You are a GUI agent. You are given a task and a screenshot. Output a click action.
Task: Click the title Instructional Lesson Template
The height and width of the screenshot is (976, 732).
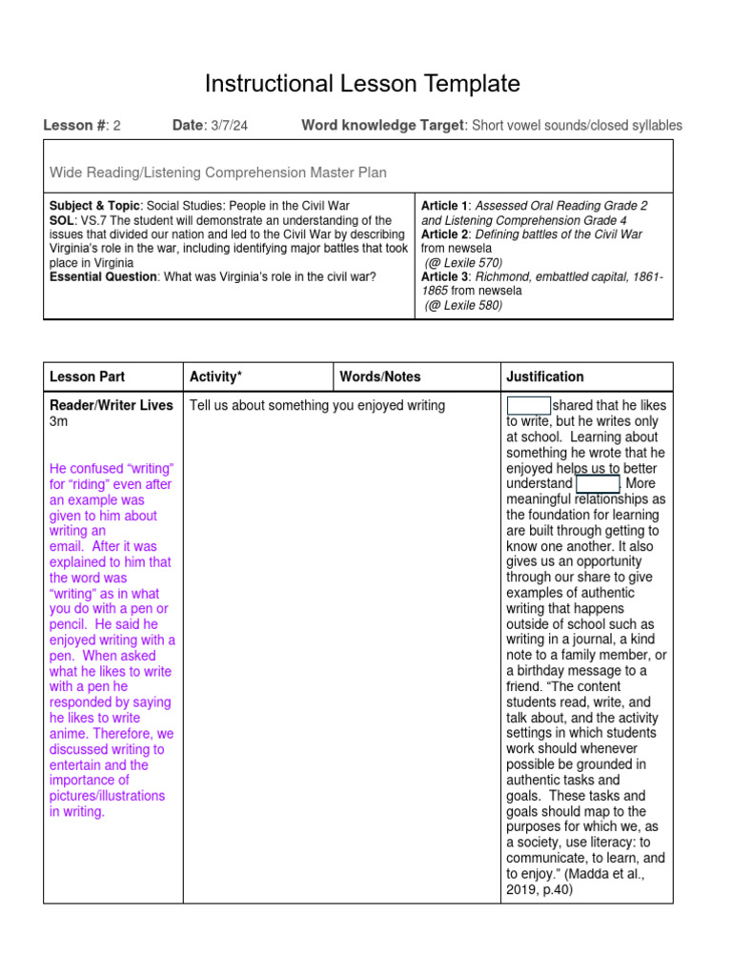pos(362,84)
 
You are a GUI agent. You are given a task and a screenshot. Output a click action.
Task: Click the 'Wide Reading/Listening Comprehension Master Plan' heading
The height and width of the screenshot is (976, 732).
pos(218,173)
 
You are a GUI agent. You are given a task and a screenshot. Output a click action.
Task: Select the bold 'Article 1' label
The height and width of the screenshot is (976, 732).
pos(444,206)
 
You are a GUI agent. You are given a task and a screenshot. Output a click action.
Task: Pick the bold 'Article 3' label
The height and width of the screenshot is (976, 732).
pos(444,277)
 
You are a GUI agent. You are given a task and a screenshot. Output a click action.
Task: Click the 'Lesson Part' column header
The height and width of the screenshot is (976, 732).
pos(87,376)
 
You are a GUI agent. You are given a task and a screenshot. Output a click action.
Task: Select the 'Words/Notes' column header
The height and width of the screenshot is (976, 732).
pos(380,376)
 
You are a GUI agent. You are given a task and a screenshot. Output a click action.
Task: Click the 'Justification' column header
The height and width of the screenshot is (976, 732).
pos(545,376)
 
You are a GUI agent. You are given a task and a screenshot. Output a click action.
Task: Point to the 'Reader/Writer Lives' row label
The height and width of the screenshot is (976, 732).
pos(111,405)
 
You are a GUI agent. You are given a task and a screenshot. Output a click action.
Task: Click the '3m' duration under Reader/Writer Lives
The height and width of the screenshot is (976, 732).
pos(59,421)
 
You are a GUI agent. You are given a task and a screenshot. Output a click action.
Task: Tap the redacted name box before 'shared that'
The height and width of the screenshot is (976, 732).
pos(529,405)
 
